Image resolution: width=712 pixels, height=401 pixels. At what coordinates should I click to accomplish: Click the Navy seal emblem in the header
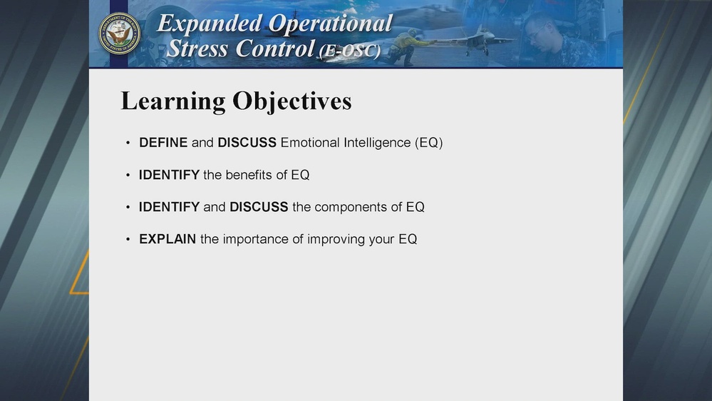(119, 34)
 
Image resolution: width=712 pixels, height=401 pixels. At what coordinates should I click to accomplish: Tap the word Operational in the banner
(330, 24)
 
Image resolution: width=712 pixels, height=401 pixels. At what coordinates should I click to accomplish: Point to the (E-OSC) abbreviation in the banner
(349, 51)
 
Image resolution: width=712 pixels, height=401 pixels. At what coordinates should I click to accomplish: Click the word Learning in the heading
(173, 101)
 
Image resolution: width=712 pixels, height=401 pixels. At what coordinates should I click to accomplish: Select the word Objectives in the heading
(292, 101)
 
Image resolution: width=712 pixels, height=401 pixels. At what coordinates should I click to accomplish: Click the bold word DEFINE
(163, 143)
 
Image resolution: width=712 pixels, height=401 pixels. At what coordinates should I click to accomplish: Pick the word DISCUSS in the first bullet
(247, 143)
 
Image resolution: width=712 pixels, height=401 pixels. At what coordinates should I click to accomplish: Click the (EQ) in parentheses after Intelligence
(428, 143)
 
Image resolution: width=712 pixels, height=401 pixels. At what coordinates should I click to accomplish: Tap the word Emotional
(310, 143)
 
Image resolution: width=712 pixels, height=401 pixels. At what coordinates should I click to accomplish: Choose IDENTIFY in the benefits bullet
(169, 175)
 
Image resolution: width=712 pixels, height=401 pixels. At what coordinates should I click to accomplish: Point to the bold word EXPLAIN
(167, 240)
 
